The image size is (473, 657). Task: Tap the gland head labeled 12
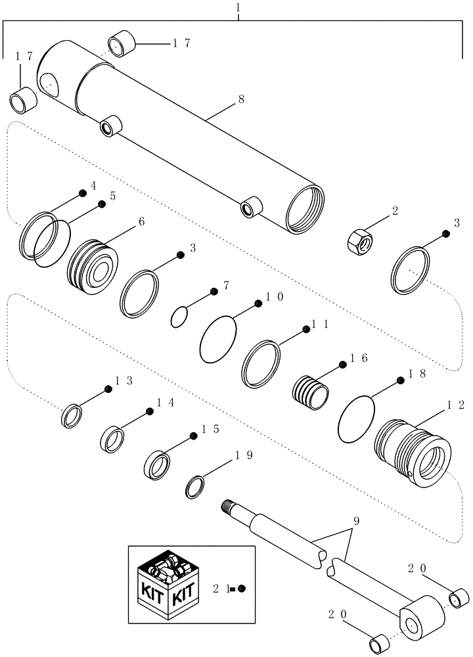coord(413,452)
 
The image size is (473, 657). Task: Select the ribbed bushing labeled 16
coord(309,393)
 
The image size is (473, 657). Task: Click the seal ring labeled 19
coord(195,487)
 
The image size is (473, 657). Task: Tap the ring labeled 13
coord(72,417)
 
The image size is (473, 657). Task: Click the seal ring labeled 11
coord(261,363)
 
